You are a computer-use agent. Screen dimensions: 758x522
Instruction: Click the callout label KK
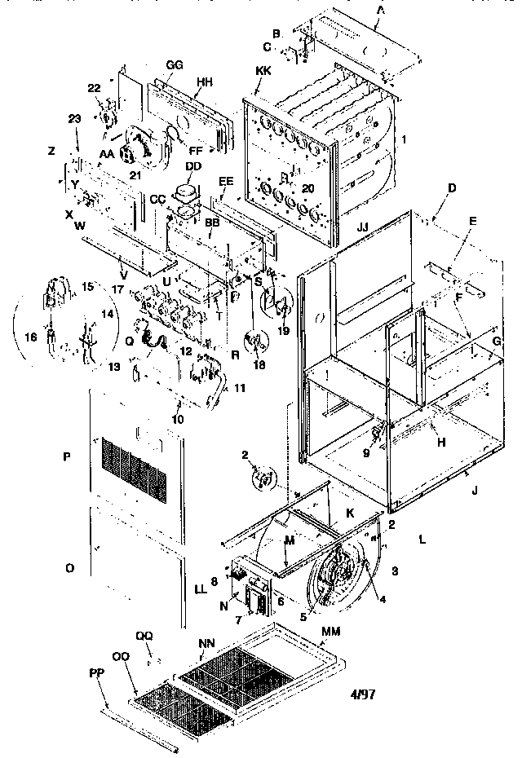point(263,72)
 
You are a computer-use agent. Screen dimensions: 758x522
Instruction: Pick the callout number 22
point(95,88)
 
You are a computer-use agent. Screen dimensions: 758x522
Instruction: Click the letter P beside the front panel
point(68,457)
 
